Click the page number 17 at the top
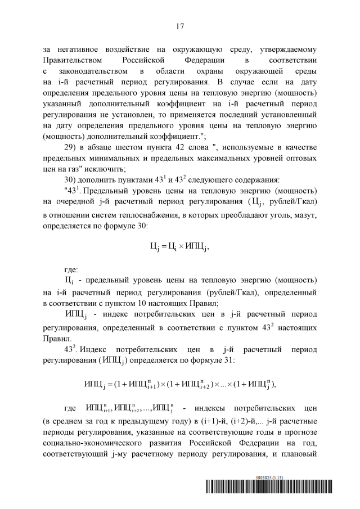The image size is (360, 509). click(x=180, y=26)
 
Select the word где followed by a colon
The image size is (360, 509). click(x=73, y=286)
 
